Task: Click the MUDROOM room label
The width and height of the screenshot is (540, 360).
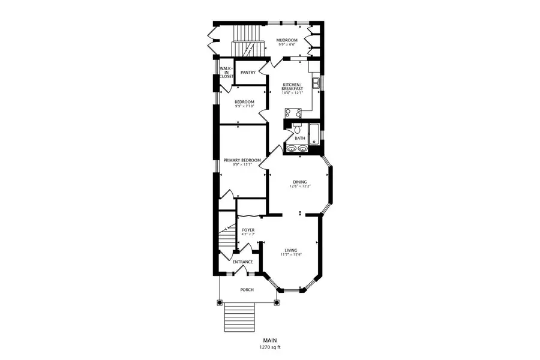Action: pos(287,40)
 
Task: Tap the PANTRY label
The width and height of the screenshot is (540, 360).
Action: pos(248,73)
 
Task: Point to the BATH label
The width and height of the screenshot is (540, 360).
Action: pos(299,138)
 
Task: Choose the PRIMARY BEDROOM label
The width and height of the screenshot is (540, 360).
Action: pos(242,160)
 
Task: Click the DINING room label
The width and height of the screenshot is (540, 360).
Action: pos(300,182)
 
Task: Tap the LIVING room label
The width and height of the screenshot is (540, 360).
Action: pos(291,250)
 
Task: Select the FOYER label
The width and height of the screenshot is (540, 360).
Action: pos(248,230)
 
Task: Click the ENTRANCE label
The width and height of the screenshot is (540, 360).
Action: pos(243,262)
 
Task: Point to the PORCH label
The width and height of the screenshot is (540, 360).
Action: pos(247,290)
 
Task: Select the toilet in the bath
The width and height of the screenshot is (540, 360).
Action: pos(298,128)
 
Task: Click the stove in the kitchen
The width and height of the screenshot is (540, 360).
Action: pos(293,112)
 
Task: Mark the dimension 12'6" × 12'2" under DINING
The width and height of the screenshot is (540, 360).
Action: pos(300,187)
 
